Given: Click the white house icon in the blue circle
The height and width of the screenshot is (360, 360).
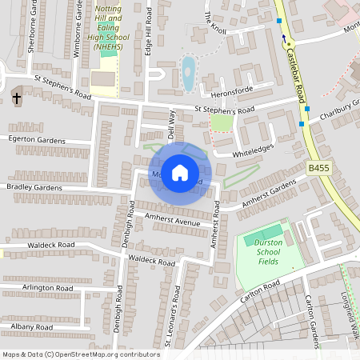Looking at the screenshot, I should [180, 172].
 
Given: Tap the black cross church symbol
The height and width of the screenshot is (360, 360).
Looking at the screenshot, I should [17, 99].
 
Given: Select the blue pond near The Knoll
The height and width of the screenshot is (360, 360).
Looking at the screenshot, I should [189, 73].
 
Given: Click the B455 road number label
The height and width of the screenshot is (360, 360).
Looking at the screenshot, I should [318, 168].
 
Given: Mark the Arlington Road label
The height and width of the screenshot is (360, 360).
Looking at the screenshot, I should [48, 286].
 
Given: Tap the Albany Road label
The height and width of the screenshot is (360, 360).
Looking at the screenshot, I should [32, 327].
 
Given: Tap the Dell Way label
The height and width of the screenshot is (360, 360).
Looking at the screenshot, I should [170, 124].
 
